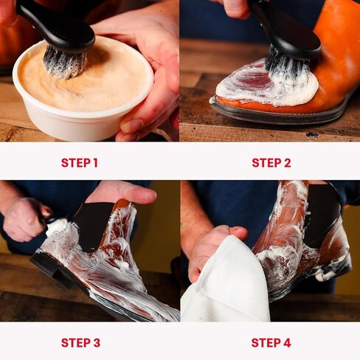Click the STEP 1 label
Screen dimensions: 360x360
tap(80, 163)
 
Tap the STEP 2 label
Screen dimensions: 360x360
tap(271, 163)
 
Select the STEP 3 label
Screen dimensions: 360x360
tap(80, 342)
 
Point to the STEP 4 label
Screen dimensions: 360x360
tap(271, 342)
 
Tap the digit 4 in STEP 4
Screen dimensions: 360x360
tap(287, 342)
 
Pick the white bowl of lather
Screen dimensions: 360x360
tap(83, 91)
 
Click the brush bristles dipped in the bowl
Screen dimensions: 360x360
tap(64, 61)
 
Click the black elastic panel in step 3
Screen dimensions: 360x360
tap(94, 225)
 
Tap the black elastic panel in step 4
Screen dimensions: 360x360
tap(322, 214)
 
